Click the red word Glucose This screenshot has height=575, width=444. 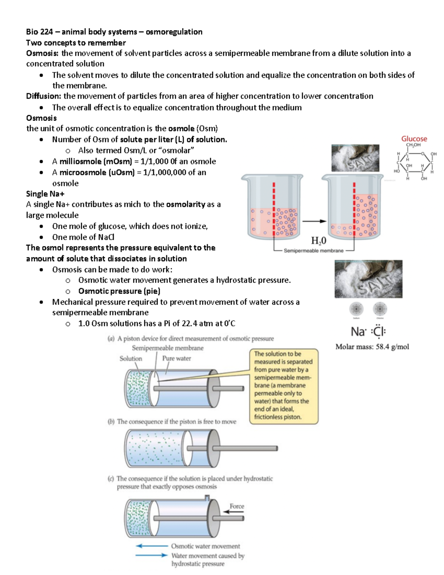pos(414,139)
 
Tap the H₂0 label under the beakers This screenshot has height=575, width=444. pos(319,241)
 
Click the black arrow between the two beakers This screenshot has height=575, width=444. pos(314,221)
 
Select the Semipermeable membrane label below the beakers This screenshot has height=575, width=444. pos(313,251)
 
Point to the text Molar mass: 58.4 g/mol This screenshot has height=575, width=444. pos(372,347)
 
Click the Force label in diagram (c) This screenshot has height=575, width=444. pos(237,506)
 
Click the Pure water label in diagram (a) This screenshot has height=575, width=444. pos(176,358)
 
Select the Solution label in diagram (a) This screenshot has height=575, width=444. pos(131,358)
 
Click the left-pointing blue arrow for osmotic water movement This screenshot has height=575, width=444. pos(152,546)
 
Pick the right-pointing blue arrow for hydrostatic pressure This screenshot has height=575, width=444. pos(152,555)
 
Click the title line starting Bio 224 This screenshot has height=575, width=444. pos(114,32)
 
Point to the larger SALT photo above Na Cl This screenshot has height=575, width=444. pos(368,279)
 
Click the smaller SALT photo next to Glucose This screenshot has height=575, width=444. pos(355,158)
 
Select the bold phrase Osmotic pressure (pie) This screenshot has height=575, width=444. pos(119,291)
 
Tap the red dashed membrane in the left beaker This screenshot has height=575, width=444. pos(274,209)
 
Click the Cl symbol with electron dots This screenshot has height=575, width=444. pos(378,331)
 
